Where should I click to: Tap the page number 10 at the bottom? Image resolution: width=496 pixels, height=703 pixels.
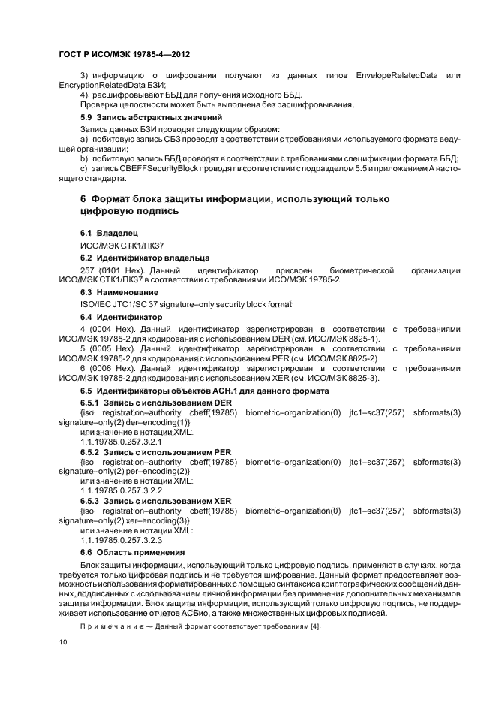(x=63, y=642)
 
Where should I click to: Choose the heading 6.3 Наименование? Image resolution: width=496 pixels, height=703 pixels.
(x=119, y=291)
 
